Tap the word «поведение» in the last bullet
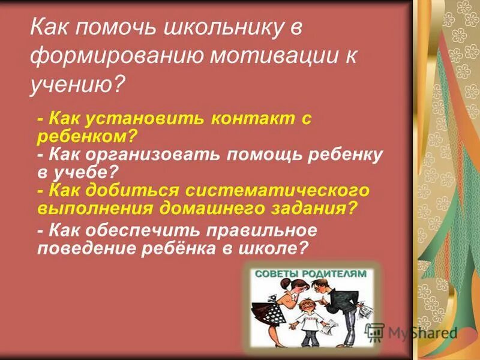coord(84,247)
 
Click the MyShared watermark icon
coord(375,332)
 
